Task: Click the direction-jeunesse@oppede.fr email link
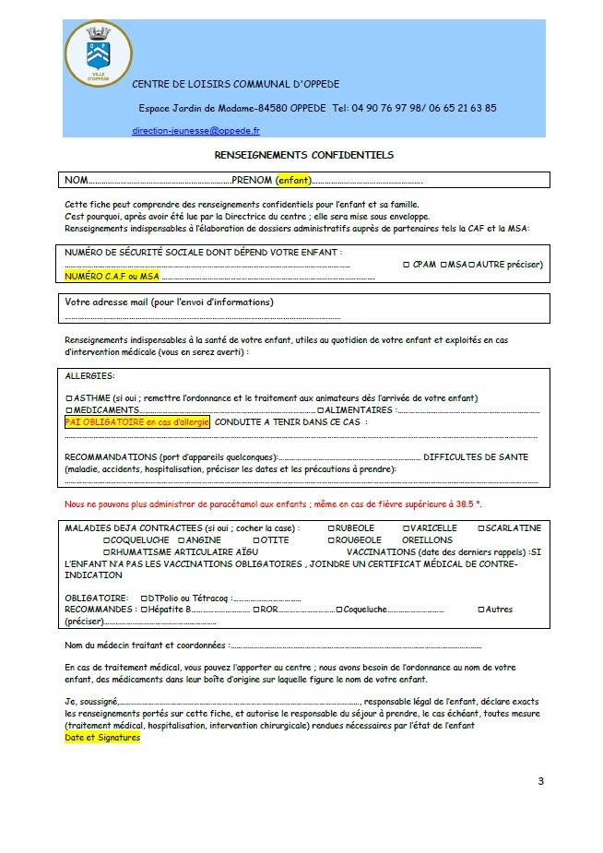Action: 195,132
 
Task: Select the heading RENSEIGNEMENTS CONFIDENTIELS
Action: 303,156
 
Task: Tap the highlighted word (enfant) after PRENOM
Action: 295,180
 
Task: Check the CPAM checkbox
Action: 407,265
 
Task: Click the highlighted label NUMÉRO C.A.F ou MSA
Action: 112,276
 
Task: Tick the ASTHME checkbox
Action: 69,397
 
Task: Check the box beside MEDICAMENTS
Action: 69,409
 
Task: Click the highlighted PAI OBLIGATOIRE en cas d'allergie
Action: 137,421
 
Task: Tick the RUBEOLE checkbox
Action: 331,528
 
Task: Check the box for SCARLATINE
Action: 479,528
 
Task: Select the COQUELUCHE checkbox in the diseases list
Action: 107,539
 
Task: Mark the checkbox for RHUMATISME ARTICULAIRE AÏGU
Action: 107,551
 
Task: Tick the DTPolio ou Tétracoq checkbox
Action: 144,598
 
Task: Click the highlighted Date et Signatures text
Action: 101,738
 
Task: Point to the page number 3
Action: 540,782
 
